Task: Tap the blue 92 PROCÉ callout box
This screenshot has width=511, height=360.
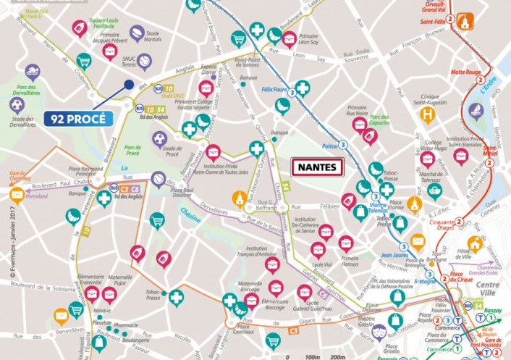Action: tap(79, 118)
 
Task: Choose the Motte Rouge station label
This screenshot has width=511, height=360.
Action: tap(466, 72)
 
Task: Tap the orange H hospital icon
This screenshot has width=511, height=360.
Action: tap(429, 116)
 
